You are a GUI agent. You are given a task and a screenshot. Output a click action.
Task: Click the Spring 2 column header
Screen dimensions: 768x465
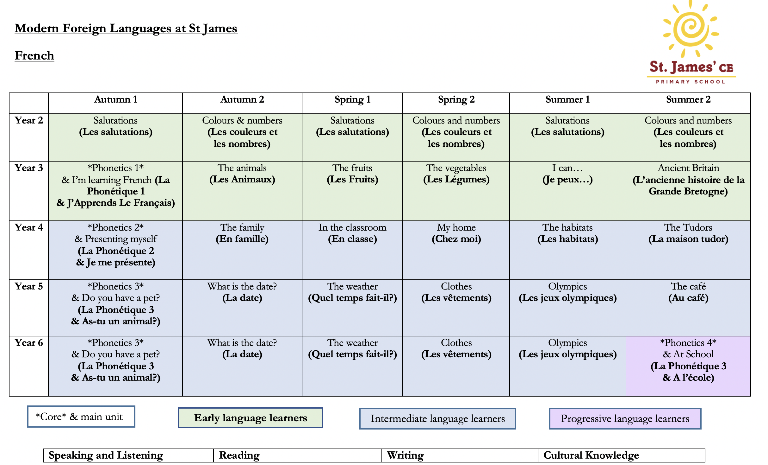tap(456, 100)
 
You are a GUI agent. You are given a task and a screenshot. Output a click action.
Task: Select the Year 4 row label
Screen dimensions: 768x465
tap(29, 227)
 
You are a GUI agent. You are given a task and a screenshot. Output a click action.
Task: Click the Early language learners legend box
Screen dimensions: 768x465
tap(251, 418)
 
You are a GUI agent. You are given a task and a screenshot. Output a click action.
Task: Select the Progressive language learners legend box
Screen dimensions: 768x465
tap(625, 419)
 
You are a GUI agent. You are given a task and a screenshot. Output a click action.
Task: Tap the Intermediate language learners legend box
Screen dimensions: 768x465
tap(437, 419)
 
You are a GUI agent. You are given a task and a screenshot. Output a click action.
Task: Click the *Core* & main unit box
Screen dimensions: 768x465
tap(81, 417)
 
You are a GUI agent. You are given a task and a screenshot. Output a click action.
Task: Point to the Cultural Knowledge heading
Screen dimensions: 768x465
tap(591, 455)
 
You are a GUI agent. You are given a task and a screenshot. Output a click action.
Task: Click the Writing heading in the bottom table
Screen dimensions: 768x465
tap(405, 455)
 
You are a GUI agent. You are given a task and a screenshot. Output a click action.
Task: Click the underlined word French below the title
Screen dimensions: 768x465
tap(34, 56)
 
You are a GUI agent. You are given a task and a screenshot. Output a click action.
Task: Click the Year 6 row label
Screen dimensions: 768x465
tap(29, 343)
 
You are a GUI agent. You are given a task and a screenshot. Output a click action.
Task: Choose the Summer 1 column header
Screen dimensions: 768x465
tap(567, 100)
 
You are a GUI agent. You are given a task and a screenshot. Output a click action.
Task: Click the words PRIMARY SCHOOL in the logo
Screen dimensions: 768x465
tap(691, 82)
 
